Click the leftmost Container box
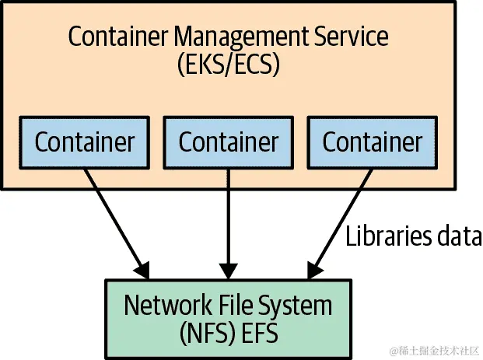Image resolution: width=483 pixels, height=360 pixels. (x=85, y=142)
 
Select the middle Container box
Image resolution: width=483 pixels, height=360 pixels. (x=228, y=142)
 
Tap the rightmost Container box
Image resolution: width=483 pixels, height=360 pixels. (x=372, y=142)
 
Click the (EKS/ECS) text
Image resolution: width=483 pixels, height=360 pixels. (x=228, y=65)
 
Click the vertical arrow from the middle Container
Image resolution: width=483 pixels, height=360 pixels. (x=228, y=222)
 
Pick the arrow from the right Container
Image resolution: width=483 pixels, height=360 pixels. (x=339, y=222)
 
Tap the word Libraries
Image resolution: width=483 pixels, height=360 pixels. (x=387, y=236)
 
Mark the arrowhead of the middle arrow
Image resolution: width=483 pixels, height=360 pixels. (x=228, y=271)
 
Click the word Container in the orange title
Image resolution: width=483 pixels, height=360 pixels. (x=116, y=37)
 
